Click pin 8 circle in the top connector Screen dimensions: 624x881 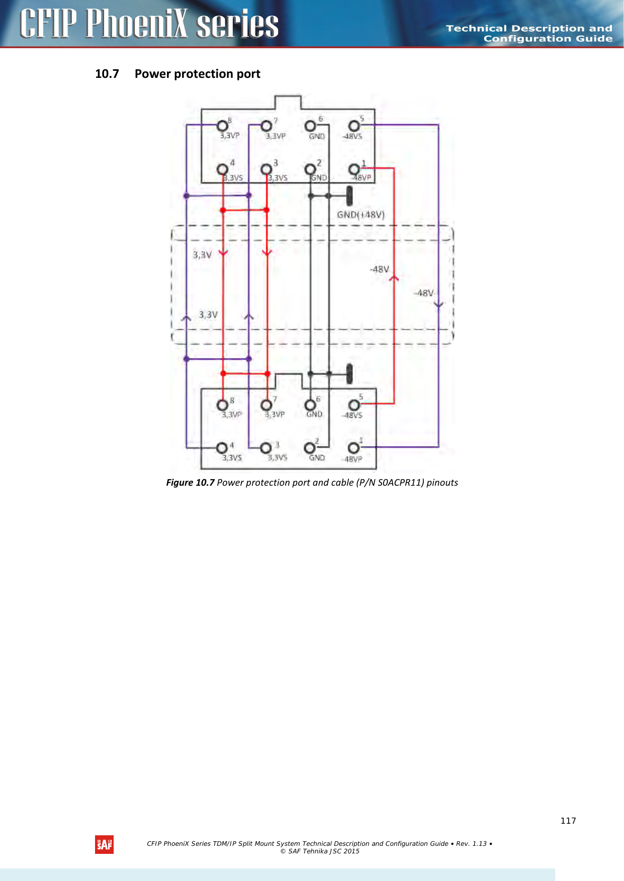coord(222,125)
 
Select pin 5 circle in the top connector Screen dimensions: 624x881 coord(354,125)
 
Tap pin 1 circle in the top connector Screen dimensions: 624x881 coord(354,168)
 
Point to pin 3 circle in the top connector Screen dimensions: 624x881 coord(266,169)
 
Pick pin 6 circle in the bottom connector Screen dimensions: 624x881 coord(310,404)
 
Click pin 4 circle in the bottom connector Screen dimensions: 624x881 coord(222,447)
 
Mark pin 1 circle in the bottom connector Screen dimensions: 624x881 coord(354,447)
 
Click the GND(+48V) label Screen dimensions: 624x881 coord(361,215)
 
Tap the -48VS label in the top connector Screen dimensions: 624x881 coord(352,136)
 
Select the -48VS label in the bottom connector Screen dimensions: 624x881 coord(352,415)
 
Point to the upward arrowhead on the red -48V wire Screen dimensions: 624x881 coord(394,278)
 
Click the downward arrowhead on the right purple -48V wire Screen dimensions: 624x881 coord(438,304)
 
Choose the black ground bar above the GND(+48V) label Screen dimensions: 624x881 coord(349,196)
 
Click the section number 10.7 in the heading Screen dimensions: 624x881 coord(107,74)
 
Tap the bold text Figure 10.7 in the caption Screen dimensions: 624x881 coord(191,483)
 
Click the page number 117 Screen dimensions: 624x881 coord(568,821)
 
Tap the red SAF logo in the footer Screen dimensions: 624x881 coord(105,845)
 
